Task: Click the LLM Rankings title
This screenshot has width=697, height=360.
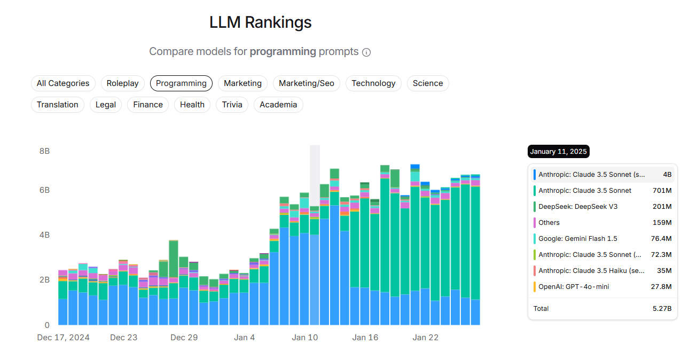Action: coord(260,22)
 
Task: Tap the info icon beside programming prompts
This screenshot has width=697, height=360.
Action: coord(366,52)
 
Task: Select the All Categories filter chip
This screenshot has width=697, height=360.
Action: coord(63,83)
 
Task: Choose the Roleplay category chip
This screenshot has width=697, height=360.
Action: coord(122,83)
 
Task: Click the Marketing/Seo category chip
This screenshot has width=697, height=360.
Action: coord(306,83)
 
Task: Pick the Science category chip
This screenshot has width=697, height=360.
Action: coord(427,83)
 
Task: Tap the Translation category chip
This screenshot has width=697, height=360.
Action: coord(58,105)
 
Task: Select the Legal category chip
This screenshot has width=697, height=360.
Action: coord(106,105)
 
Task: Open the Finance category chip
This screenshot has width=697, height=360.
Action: coord(148,105)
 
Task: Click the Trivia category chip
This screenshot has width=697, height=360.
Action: coord(232,105)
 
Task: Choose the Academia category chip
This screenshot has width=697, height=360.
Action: coord(278,105)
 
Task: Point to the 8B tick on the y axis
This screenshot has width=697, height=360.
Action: coord(44,151)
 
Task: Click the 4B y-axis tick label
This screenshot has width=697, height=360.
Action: coord(44,235)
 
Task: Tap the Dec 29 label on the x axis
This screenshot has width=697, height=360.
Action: coord(184,338)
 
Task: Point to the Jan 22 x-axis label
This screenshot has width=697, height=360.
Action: coord(426,338)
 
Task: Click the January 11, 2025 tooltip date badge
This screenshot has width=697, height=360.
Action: coord(558,152)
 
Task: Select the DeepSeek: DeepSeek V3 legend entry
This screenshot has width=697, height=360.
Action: coord(578,207)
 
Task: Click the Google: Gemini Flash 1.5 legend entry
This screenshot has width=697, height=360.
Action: coord(578,239)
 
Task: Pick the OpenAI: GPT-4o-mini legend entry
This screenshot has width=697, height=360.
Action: coord(574,287)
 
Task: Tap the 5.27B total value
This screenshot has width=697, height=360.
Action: coord(662,309)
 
